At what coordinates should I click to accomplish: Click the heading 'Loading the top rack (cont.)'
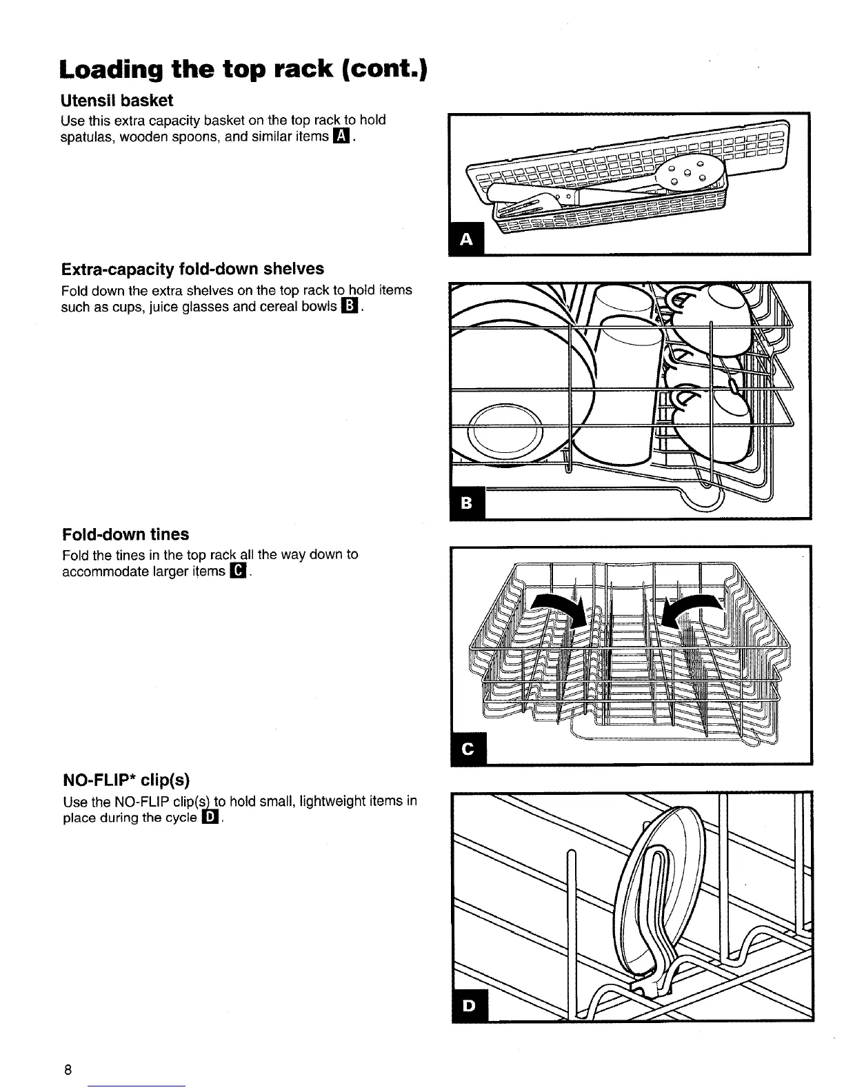243,69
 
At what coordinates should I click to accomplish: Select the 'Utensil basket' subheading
117,101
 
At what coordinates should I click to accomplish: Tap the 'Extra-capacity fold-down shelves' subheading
192,268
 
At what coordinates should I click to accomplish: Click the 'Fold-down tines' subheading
125,534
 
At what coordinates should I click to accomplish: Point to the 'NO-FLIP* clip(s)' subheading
125,780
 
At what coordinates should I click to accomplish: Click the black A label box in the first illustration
467,239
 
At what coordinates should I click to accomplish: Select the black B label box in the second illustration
467,504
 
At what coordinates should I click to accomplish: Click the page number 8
67,1070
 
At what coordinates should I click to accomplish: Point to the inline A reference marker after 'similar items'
341,136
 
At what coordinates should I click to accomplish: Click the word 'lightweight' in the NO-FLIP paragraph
334,801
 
